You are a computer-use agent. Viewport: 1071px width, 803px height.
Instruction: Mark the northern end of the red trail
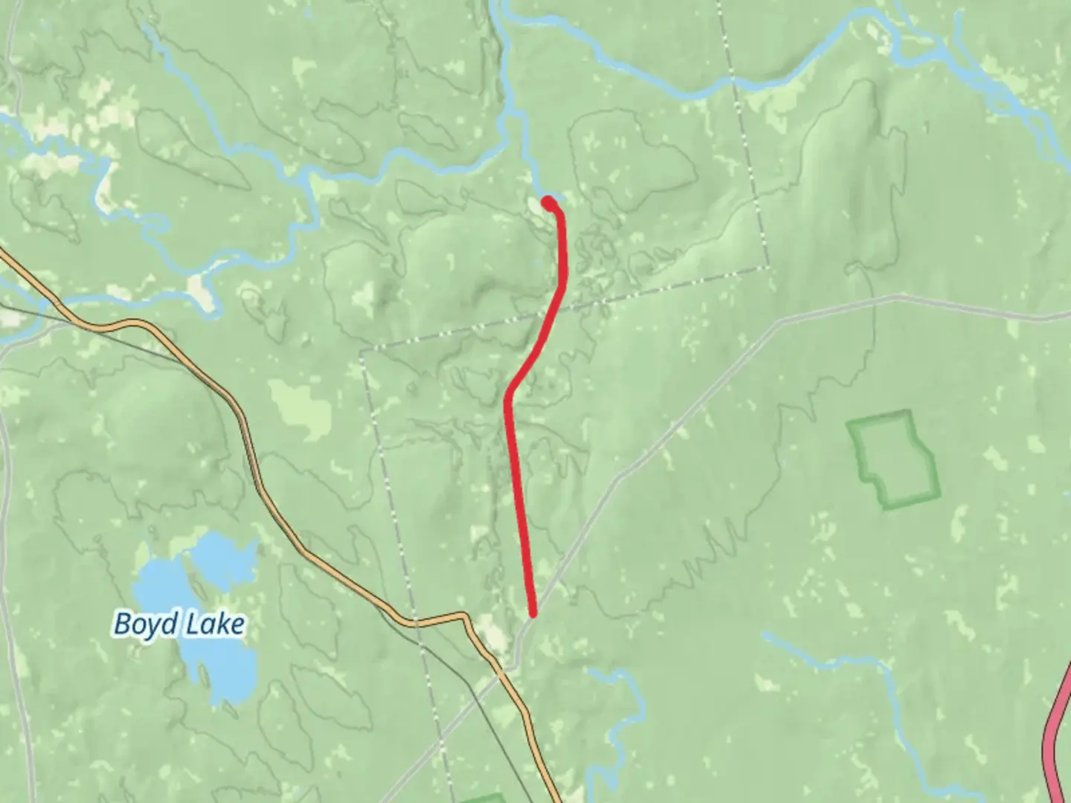pyautogui.click(x=548, y=202)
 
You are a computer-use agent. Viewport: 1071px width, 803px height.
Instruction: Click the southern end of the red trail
pyautogui.click(x=533, y=613)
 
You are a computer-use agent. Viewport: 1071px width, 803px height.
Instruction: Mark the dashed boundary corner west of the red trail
pyautogui.click(x=362, y=351)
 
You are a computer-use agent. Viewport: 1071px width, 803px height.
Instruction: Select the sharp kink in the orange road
pyautogui.click(x=464, y=616)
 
